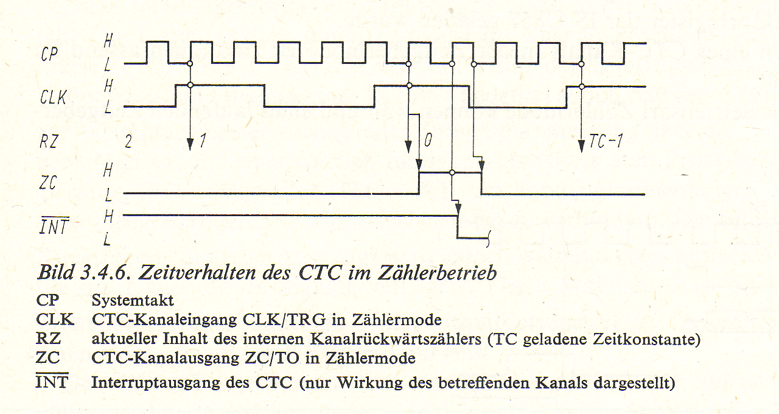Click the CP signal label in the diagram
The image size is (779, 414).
click(49, 54)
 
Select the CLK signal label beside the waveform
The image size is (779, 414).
click(53, 97)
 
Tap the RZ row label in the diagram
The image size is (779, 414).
click(48, 141)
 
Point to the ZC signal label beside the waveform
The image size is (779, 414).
click(47, 182)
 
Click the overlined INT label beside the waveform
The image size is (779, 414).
click(54, 226)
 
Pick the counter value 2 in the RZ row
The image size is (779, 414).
click(128, 142)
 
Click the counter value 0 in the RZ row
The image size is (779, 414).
click(428, 140)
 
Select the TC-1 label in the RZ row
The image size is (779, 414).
click(606, 141)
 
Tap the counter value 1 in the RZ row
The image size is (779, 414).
click(203, 141)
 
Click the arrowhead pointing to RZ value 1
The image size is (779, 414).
click(190, 144)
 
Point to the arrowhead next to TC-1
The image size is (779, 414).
click(581, 146)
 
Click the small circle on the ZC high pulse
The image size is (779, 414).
click(452, 172)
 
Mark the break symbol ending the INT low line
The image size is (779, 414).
click(489, 239)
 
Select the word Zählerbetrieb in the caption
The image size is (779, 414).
click(437, 272)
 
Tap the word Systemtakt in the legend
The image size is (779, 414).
click(133, 300)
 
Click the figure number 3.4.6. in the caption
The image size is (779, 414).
click(105, 272)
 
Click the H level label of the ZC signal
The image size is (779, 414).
click(108, 170)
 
